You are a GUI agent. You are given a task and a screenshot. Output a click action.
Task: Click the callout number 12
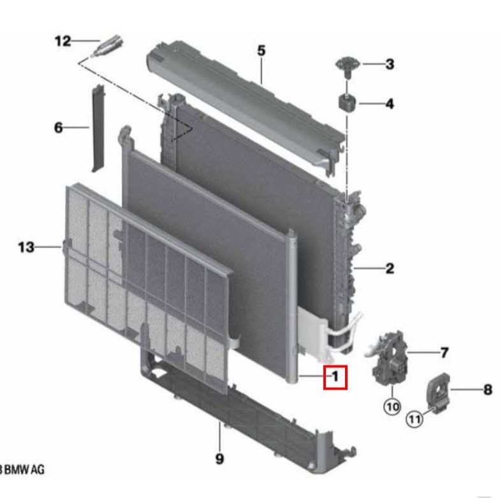62,41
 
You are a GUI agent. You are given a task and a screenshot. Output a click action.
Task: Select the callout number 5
261,50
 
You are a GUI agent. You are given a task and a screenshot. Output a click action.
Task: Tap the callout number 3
389,64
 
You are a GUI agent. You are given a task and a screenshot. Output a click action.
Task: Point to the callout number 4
389,103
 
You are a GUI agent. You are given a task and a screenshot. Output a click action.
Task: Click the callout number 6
59,128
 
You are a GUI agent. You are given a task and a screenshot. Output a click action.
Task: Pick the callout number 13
26,247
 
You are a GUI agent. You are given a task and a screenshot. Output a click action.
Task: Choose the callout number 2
389,268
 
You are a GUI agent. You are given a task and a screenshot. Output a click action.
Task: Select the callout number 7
445,352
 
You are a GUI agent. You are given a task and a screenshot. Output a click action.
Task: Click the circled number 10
391,406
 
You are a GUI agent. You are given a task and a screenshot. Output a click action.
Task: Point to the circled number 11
415,419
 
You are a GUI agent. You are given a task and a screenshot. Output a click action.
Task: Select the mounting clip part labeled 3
348,65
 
